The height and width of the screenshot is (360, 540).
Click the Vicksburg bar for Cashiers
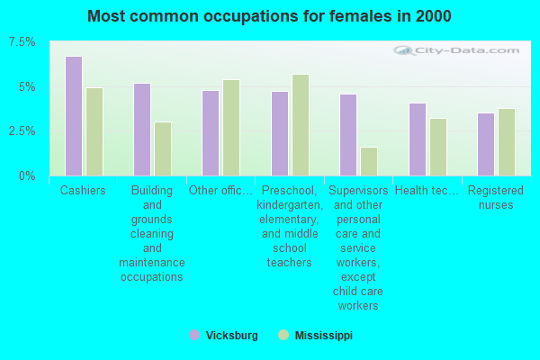[74, 116]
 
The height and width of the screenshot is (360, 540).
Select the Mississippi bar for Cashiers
[94, 131]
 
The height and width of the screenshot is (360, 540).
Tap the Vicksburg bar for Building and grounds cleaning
[142, 130]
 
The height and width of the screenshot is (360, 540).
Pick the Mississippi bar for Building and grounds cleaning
[163, 148]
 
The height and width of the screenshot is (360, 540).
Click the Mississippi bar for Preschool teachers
[301, 125]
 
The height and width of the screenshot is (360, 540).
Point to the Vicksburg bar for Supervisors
[348, 135]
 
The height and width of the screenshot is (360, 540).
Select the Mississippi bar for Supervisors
[369, 161]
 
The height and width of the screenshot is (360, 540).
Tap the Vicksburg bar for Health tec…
[418, 139]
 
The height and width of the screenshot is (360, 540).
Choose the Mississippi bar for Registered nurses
[507, 142]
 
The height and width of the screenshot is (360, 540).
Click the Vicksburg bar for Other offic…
[211, 133]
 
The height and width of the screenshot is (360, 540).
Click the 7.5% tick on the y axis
[22, 42]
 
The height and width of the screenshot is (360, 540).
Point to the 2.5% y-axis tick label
[22, 131]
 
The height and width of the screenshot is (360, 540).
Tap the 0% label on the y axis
[28, 175]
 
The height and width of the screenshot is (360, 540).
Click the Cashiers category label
[83, 191]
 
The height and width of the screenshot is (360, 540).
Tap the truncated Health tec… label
[427, 191]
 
